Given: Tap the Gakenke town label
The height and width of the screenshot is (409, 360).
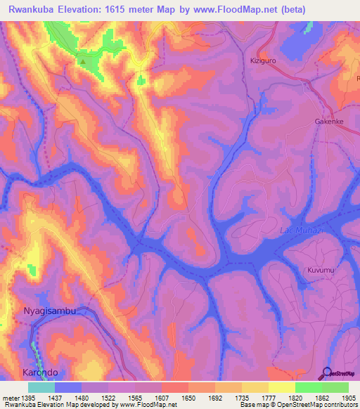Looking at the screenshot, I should [328, 121].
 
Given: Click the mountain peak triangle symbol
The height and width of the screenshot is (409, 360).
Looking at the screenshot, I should [83, 61].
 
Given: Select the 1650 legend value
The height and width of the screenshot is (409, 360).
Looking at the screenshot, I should [189, 398].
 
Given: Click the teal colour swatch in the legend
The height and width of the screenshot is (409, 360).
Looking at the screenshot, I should [41, 387].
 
